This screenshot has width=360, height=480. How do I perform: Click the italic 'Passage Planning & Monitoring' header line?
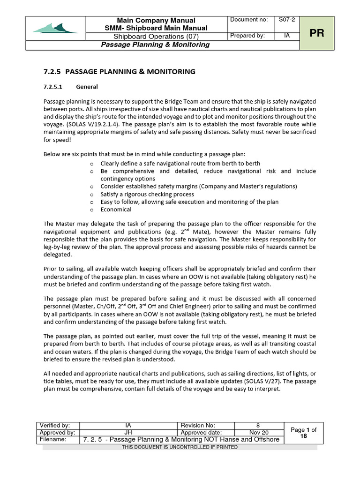(155, 45)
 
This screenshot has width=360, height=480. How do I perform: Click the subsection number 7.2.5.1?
(56, 87)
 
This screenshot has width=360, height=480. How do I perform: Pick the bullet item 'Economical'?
(116, 210)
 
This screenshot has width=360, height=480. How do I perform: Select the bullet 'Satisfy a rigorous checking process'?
(147, 194)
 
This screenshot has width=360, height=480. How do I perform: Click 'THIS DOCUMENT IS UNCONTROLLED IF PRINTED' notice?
(180, 447)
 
